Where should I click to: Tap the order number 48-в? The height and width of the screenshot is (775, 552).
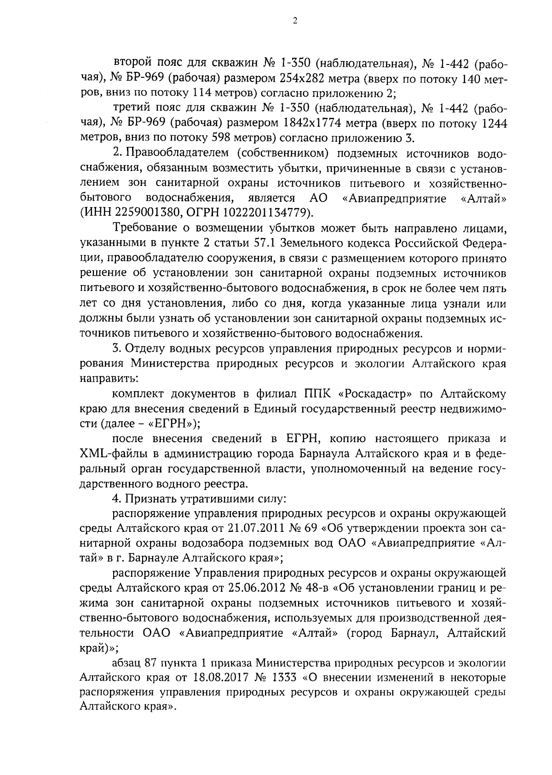tap(318, 589)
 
